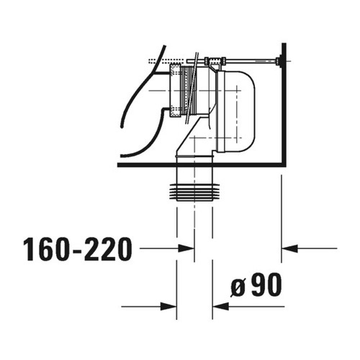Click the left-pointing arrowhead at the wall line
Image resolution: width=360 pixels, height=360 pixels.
(x=289, y=249)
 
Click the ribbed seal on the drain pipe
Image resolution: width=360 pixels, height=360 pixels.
(x=194, y=192)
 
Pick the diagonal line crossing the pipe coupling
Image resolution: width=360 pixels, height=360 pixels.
(x=193, y=86)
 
